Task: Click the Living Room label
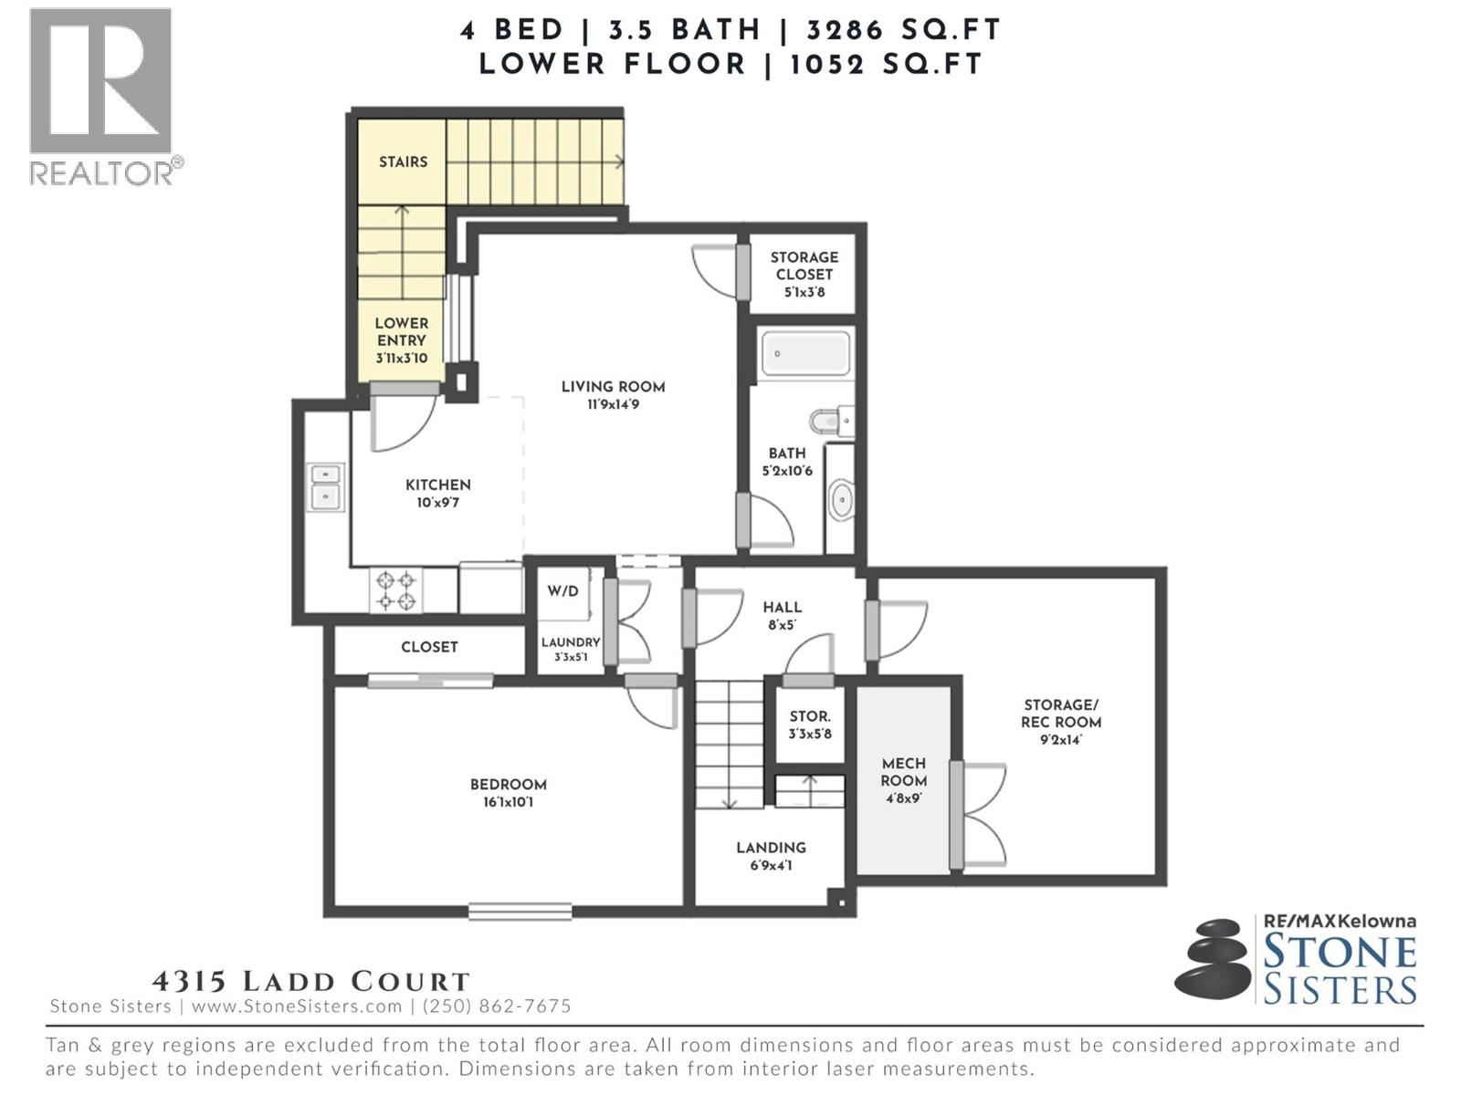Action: pos(613,387)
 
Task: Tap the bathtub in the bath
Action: pos(804,354)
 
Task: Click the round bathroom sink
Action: pos(841,500)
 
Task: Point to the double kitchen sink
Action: pos(325,486)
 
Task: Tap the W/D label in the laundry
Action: pos(562,591)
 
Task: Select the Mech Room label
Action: pos(903,772)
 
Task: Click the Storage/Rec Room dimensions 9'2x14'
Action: pos(1060,740)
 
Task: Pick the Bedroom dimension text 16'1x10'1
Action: pos(508,803)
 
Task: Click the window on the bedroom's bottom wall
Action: pos(520,911)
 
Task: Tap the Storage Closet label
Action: pos(804,266)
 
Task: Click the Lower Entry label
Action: pos(401,332)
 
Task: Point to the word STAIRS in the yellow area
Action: pos(403,162)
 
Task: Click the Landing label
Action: pos(771,848)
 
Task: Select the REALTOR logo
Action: pos(102,96)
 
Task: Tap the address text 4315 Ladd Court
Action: pos(310,982)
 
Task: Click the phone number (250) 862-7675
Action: pos(496,1006)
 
